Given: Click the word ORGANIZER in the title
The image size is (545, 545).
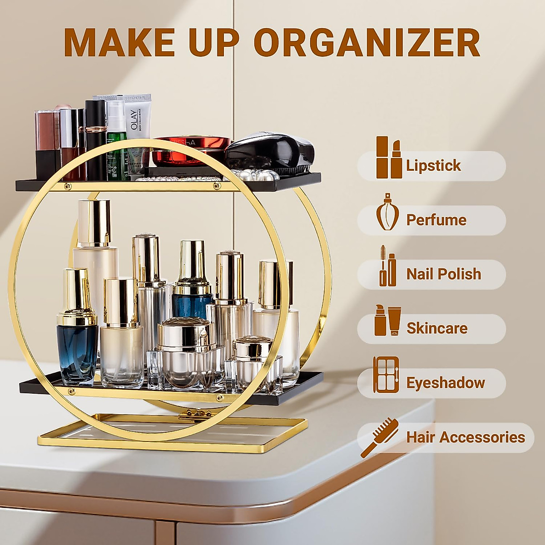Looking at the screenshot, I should pyautogui.click(x=369, y=43).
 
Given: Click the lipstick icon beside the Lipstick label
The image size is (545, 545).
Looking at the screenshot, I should pyautogui.click(x=388, y=158).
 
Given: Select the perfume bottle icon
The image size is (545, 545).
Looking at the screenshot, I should pyautogui.click(x=387, y=212).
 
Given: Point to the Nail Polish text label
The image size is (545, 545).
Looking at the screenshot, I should pyautogui.click(x=443, y=274).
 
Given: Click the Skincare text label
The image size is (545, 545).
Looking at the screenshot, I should pyautogui.click(x=437, y=328).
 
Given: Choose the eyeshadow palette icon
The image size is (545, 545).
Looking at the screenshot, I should pyautogui.click(x=386, y=375).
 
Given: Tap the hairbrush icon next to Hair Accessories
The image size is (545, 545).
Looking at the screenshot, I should pyautogui.click(x=380, y=437).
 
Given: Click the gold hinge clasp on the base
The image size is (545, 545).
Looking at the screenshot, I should pyautogui.click(x=191, y=414).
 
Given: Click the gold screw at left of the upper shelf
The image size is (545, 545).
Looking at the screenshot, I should pyautogui.click(x=68, y=186).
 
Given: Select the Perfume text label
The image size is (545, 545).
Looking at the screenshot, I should pyautogui.click(x=436, y=220).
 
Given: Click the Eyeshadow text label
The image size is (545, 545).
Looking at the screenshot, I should pyautogui.click(x=445, y=383).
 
